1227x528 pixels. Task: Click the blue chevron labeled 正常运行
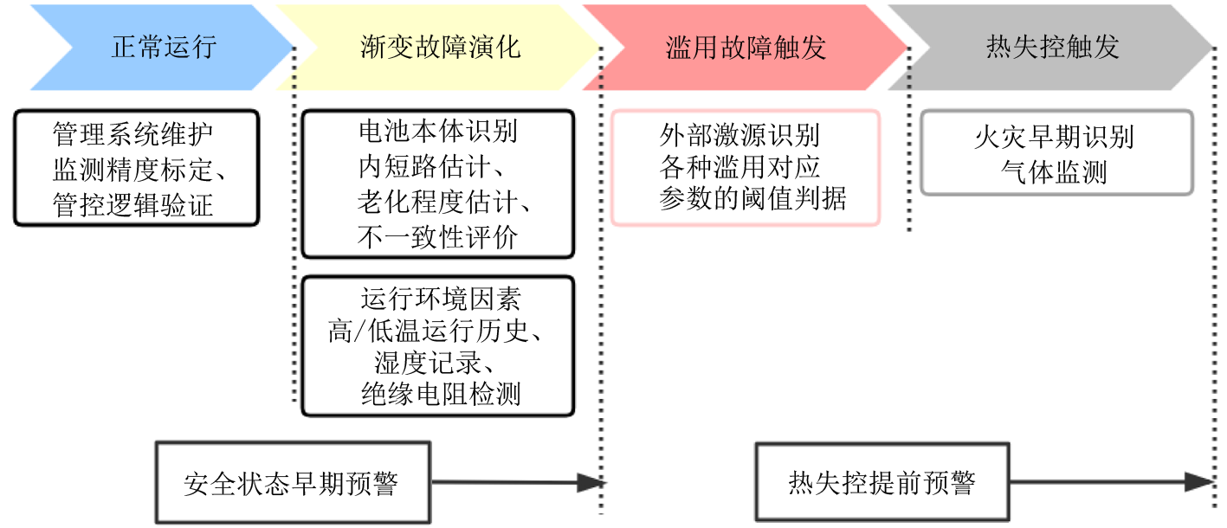click(x=163, y=47)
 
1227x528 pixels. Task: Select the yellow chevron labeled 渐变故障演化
click(x=440, y=47)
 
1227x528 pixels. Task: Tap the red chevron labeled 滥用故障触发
click(x=746, y=47)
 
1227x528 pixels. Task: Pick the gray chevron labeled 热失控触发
click(x=1052, y=47)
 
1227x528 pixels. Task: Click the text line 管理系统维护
click(x=132, y=135)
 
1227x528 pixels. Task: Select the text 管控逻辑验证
click(x=132, y=204)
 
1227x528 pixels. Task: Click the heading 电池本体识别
click(x=437, y=132)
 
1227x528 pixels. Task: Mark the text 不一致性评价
click(x=437, y=236)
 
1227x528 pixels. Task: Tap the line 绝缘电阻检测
click(x=440, y=395)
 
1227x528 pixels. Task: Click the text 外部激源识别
click(x=739, y=135)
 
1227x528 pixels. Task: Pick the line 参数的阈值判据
click(x=752, y=199)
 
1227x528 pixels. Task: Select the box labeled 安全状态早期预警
click(x=293, y=483)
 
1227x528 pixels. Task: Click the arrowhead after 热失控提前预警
click(x=1199, y=483)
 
